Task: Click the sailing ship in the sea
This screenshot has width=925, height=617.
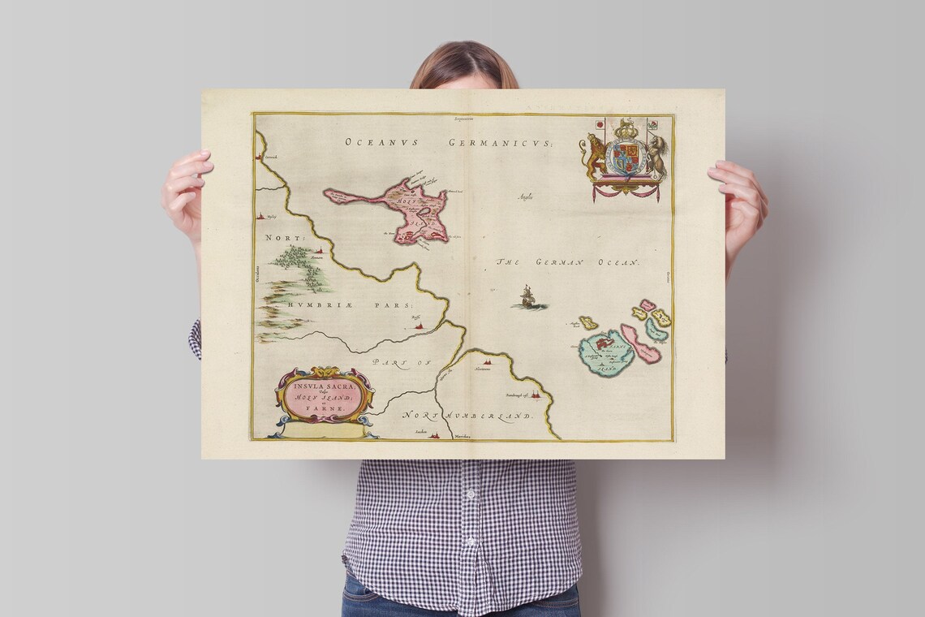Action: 527,298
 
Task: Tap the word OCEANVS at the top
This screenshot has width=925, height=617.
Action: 381,142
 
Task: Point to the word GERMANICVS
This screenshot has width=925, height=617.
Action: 499,142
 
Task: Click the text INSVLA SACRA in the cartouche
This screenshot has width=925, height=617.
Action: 324,383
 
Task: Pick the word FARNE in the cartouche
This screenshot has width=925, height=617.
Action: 325,411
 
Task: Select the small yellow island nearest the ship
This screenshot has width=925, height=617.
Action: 587,323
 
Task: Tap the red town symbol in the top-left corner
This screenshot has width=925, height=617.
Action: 261,153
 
